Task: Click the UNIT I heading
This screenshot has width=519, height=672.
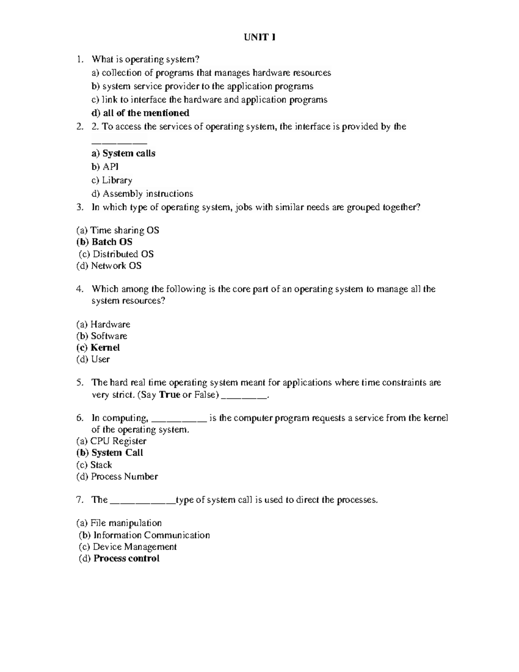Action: coord(259,38)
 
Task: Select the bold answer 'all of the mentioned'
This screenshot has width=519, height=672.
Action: coord(141,113)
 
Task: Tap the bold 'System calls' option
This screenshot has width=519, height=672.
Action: coord(124,154)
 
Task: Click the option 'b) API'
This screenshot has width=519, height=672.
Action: coord(105,167)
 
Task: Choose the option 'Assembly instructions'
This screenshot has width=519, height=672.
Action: coord(142,194)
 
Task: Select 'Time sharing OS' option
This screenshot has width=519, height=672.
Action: coord(118,231)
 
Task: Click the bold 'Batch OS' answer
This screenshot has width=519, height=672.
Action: coord(104,242)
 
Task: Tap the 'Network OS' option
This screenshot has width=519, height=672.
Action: coord(109,266)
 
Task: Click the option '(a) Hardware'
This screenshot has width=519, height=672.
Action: coord(103,325)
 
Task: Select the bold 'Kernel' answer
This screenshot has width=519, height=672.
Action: coord(98,348)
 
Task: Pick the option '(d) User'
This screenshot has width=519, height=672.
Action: coord(93,360)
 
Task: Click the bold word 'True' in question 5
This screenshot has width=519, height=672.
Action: coord(170,395)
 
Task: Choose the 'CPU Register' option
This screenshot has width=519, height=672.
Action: coord(112,441)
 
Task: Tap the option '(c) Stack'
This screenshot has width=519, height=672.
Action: coord(94,465)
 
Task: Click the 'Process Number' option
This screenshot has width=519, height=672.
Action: coord(117,477)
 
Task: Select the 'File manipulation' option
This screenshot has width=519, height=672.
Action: coord(119,523)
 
